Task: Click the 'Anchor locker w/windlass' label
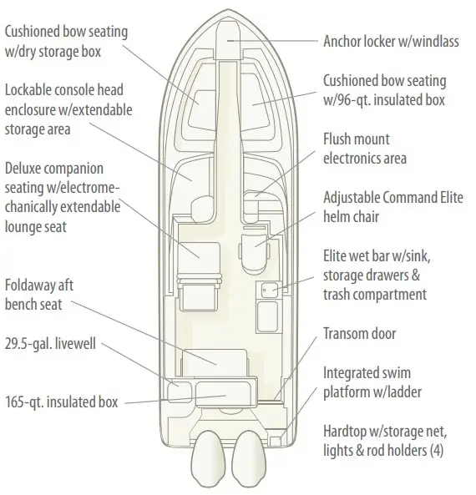pos(391,42)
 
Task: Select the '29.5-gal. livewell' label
pos(50,343)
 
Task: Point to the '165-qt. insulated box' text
pos(62,402)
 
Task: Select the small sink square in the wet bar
pos(270,290)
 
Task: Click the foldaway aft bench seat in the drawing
pos(214,363)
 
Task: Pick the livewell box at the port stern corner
pos(180,391)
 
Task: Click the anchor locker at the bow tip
pos(228,40)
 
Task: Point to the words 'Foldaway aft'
pos(39,285)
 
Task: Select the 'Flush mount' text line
pos(357,139)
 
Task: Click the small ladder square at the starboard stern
pos(276,441)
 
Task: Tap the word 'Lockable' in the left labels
pos(28,90)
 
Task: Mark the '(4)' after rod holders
pos(437,451)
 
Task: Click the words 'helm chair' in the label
pos(351,217)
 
